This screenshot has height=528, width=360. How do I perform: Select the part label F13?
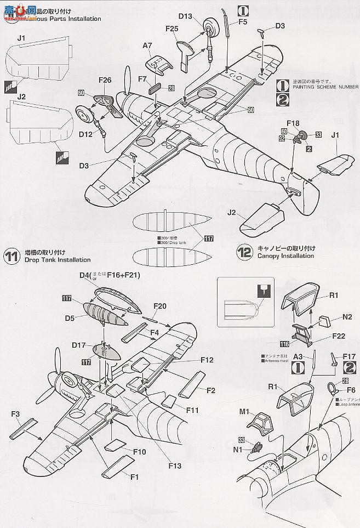coord(175,466)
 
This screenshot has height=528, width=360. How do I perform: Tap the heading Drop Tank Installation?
coord(58,260)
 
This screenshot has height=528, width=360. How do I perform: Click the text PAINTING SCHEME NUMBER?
coord(325,87)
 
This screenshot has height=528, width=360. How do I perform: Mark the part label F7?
coord(143,79)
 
